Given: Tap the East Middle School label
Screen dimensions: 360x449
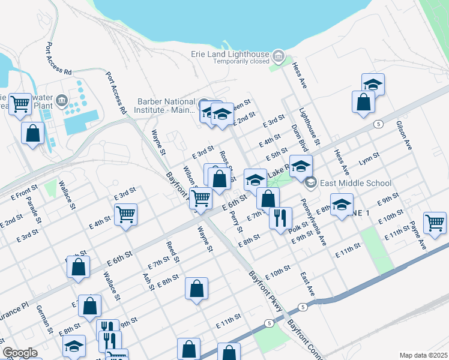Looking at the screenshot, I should (355, 183).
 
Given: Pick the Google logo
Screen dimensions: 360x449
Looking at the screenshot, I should (20, 352).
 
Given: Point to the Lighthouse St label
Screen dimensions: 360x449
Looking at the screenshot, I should (311, 127).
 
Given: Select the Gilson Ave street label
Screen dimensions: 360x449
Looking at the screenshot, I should (402, 136).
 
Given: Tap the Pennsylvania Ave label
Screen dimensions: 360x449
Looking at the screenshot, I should (313, 223).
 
